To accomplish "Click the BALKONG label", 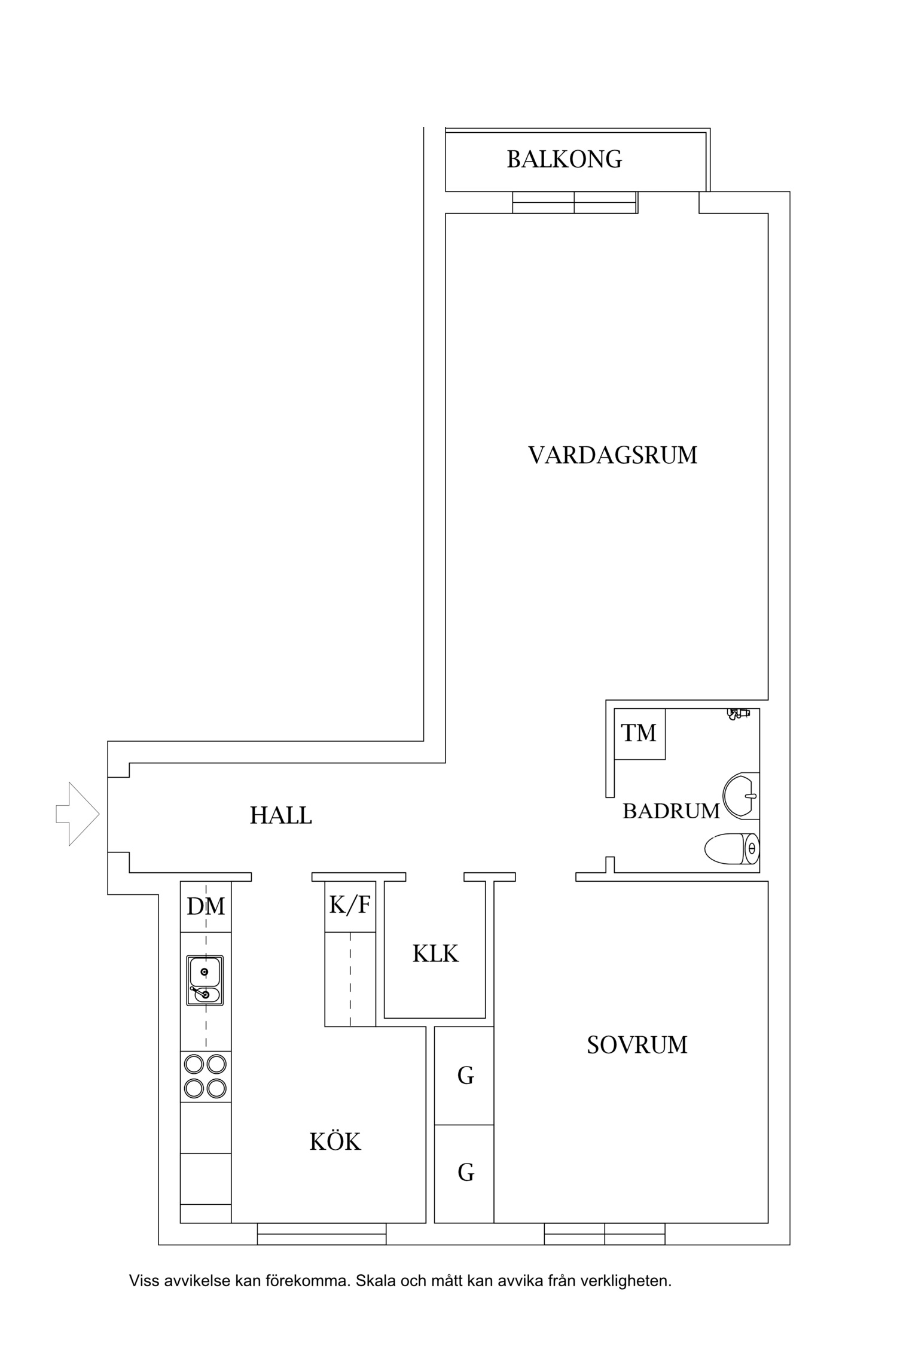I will [x=564, y=159].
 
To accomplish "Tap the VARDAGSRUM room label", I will [x=612, y=455].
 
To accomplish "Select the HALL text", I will [x=280, y=815].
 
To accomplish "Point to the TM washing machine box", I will [x=639, y=733].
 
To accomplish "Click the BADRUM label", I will [x=670, y=811].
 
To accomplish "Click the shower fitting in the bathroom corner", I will [x=738, y=713].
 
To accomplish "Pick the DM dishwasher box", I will [x=206, y=907].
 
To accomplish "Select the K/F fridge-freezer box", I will [x=350, y=906].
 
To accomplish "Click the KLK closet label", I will [x=435, y=954].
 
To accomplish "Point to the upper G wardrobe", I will [x=465, y=1075].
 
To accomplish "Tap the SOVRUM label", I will [x=636, y=1045].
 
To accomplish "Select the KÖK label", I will [x=335, y=1142].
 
